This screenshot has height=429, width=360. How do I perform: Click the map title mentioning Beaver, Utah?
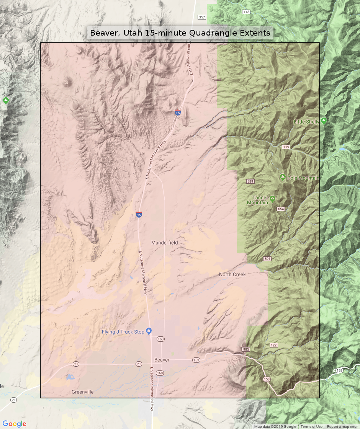180,33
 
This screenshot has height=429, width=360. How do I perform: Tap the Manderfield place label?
165,243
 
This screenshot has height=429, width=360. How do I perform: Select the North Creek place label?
232,274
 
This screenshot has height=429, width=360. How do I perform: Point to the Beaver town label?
162,360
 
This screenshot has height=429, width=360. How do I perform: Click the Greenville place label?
82,392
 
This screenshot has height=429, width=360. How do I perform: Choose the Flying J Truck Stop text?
123,332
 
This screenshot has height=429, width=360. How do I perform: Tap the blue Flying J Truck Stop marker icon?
149,331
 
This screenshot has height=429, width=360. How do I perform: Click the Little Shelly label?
306,122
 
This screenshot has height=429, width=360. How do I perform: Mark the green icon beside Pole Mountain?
283,177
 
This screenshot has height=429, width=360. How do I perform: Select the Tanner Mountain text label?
257,200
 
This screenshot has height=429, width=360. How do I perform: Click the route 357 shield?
202,17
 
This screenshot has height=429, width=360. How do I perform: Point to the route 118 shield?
246,12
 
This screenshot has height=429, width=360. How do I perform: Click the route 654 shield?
281,209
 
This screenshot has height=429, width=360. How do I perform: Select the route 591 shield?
267,259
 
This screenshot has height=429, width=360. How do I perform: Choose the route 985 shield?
245,349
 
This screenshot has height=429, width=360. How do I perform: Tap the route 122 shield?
273,345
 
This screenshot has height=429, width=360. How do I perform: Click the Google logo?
15,424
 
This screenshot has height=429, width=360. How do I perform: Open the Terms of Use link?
311,427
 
